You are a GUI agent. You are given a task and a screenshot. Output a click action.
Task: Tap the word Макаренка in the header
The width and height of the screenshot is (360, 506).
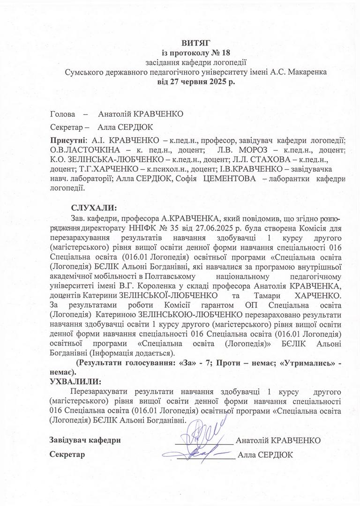(298, 72)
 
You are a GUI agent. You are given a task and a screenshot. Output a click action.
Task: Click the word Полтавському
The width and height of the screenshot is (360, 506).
(172, 276)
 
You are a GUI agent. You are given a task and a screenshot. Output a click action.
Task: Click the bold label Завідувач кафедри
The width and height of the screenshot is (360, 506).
(85, 440)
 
